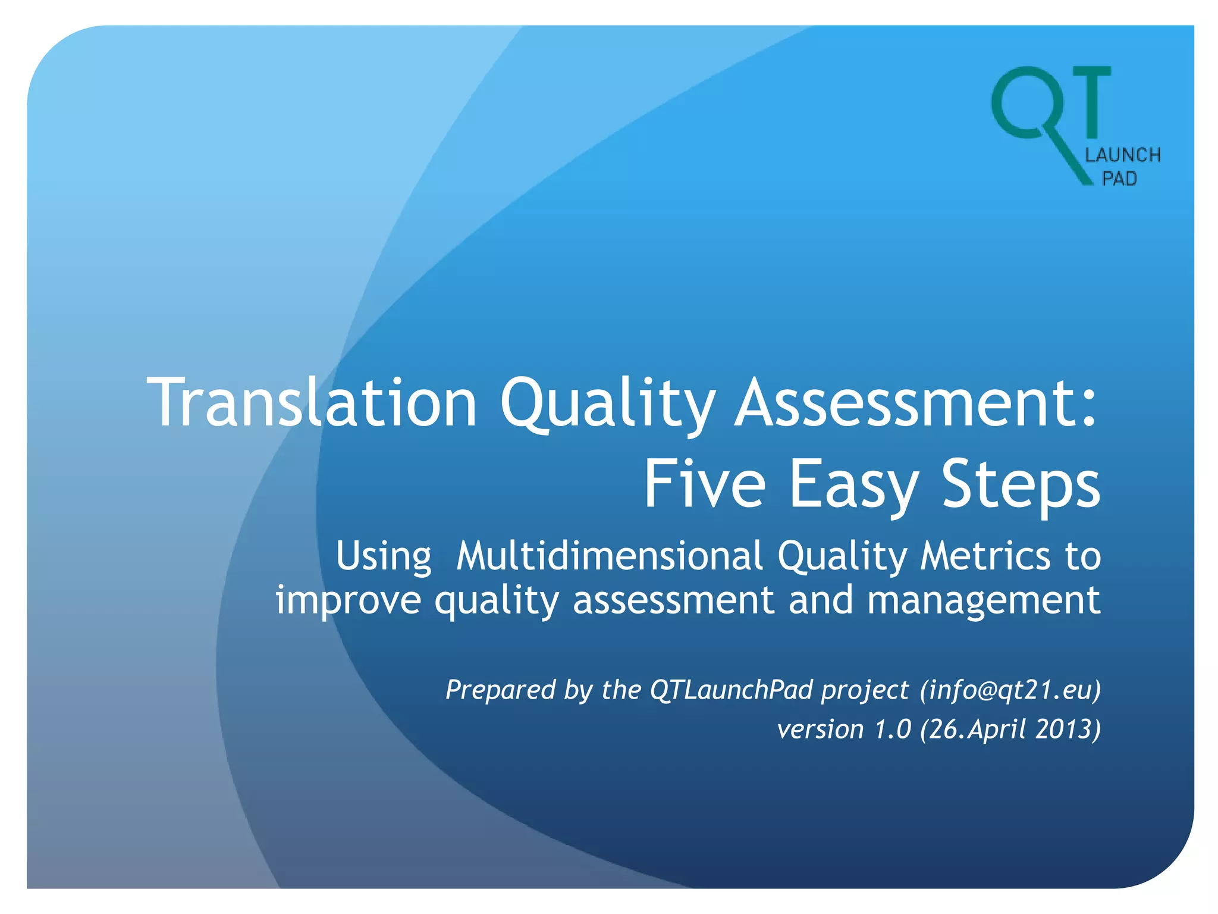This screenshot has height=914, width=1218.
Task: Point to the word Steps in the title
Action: [1021, 486]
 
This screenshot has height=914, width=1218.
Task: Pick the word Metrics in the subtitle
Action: [985, 556]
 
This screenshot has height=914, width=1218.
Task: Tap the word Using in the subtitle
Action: [384, 557]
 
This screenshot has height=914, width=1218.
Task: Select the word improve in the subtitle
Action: [349, 600]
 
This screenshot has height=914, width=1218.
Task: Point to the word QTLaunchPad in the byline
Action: [732, 690]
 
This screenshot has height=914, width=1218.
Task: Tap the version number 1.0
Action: [893, 729]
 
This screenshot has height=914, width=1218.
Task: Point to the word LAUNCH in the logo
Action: [1123, 155]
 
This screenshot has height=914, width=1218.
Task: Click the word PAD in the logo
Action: [1119, 179]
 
